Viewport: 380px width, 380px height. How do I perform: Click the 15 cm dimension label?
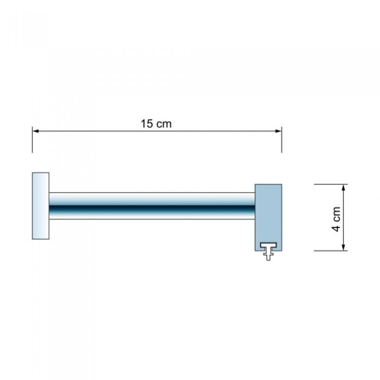[156, 124]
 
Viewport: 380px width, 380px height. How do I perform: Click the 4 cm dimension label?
[336, 219]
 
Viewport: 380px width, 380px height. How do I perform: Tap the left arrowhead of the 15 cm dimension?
[36, 131]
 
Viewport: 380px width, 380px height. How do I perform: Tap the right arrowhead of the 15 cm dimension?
[278, 131]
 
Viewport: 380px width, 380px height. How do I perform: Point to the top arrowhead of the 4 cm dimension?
[344, 188]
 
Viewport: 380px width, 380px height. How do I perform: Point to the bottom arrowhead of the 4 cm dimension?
[344, 247]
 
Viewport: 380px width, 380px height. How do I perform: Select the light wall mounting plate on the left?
[41, 206]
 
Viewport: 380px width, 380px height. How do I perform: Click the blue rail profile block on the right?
[268, 217]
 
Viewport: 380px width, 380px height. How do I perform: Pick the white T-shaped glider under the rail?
[268, 251]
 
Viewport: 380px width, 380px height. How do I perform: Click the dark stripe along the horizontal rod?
[152, 208]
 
